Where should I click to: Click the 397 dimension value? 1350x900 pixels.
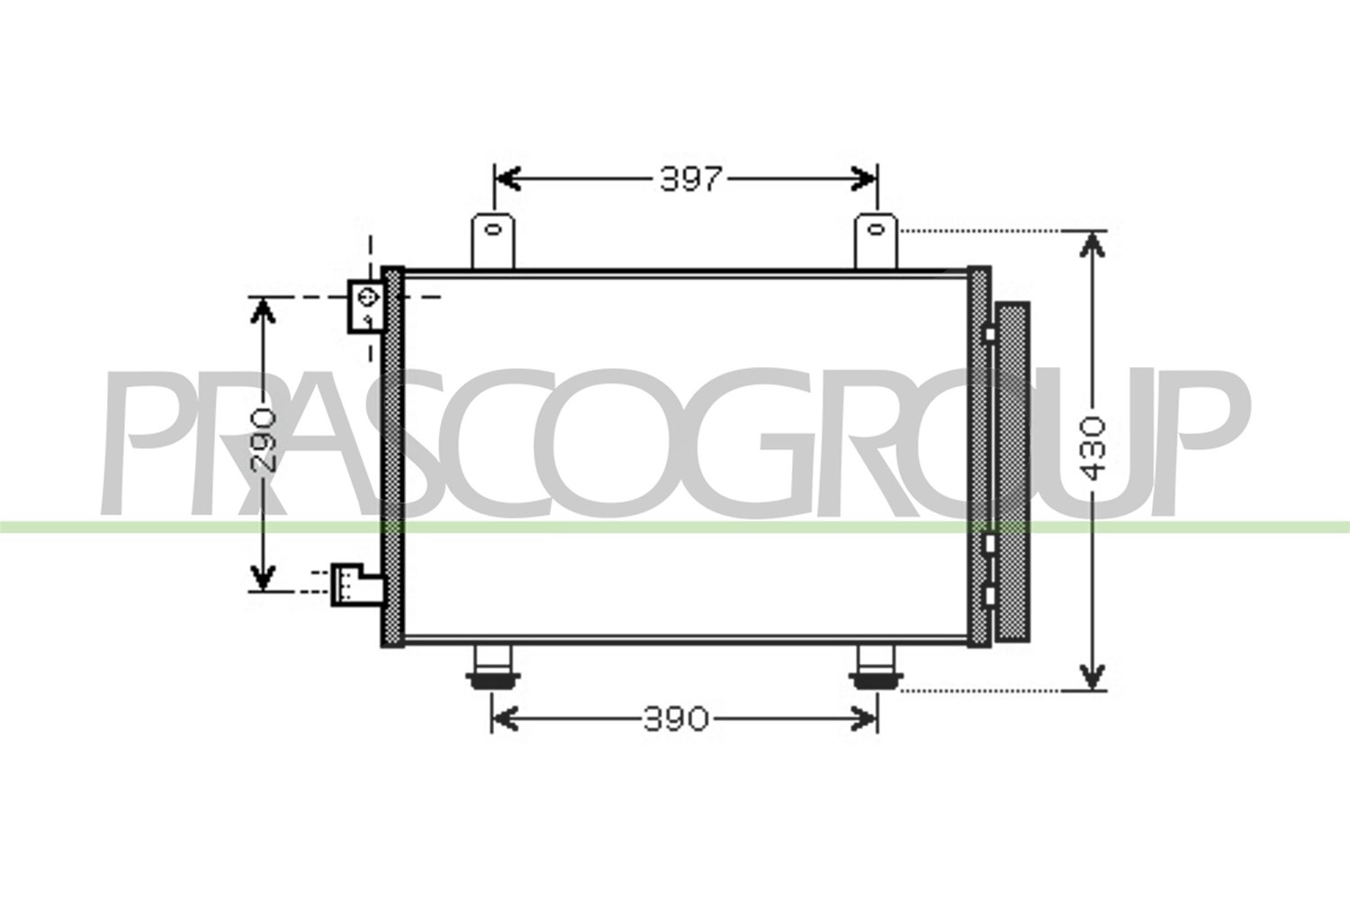click(690, 179)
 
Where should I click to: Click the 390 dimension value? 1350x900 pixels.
click(675, 719)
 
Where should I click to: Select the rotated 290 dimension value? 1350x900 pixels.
click(264, 440)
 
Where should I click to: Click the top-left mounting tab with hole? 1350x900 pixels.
click(493, 240)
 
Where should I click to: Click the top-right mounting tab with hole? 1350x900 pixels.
click(877, 240)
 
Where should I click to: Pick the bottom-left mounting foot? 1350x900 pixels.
click(492, 668)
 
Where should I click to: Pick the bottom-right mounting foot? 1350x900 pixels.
click(876, 668)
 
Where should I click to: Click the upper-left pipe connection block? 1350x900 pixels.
click(365, 307)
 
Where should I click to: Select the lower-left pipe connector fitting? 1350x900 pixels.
click(356, 585)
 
